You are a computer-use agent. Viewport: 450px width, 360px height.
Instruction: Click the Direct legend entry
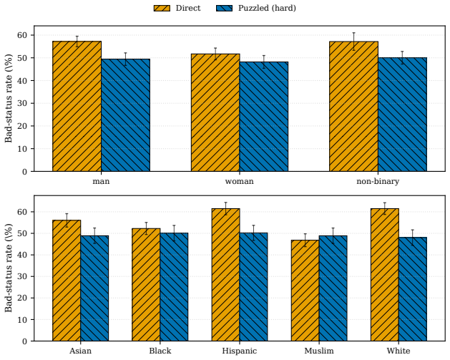(177, 8)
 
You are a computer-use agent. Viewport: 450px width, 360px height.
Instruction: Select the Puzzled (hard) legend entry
(256, 8)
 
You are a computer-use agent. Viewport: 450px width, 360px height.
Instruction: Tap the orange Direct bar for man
(77, 106)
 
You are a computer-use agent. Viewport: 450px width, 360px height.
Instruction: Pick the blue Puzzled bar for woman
(264, 117)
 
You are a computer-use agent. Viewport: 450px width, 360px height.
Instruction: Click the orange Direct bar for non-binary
(353, 106)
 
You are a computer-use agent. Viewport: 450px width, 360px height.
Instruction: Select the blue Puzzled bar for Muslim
(333, 288)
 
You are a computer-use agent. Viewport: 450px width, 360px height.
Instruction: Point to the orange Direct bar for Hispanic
(226, 275)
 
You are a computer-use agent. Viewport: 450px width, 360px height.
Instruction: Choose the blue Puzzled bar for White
(413, 289)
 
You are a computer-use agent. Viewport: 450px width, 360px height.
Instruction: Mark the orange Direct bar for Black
(146, 285)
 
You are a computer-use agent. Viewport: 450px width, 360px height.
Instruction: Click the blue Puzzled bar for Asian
(94, 288)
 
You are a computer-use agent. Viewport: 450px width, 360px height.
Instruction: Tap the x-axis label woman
(240, 182)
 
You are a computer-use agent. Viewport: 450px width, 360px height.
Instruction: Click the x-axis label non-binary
(378, 182)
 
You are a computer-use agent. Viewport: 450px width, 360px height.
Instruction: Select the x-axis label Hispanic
(240, 351)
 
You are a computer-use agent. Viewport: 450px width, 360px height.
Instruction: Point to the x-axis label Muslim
(319, 351)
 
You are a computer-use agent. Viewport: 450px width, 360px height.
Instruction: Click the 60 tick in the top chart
(22, 35)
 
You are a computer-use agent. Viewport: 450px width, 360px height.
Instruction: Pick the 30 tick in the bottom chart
(22, 276)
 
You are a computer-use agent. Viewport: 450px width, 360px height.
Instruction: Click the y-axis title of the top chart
(9, 98)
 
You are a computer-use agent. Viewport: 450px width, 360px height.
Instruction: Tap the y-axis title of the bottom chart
(9, 268)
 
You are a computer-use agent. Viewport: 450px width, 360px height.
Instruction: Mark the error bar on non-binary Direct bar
(354, 42)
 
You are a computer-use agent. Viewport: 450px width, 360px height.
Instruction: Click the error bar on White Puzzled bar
(413, 238)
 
